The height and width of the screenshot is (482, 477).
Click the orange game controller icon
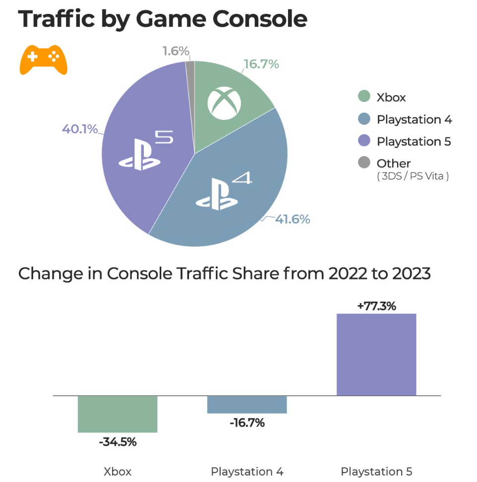point(43,59)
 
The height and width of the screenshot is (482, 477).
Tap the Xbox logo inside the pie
point(225,104)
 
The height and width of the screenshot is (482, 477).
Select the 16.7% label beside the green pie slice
point(261,64)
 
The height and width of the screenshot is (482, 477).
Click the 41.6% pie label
point(293,219)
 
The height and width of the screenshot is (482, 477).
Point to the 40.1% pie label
point(80,129)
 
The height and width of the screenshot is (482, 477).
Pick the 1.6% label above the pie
point(176,51)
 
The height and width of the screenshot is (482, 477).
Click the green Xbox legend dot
point(364,97)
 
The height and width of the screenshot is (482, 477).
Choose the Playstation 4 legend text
point(414,119)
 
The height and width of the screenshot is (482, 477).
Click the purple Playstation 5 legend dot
point(364,141)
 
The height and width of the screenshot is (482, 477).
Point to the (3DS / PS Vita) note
point(413,176)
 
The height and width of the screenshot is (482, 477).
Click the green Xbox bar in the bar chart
point(118,414)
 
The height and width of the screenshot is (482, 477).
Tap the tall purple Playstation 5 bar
point(376,355)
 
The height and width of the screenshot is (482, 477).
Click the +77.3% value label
point(376,306)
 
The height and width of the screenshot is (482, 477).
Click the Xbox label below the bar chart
point(118,471)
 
